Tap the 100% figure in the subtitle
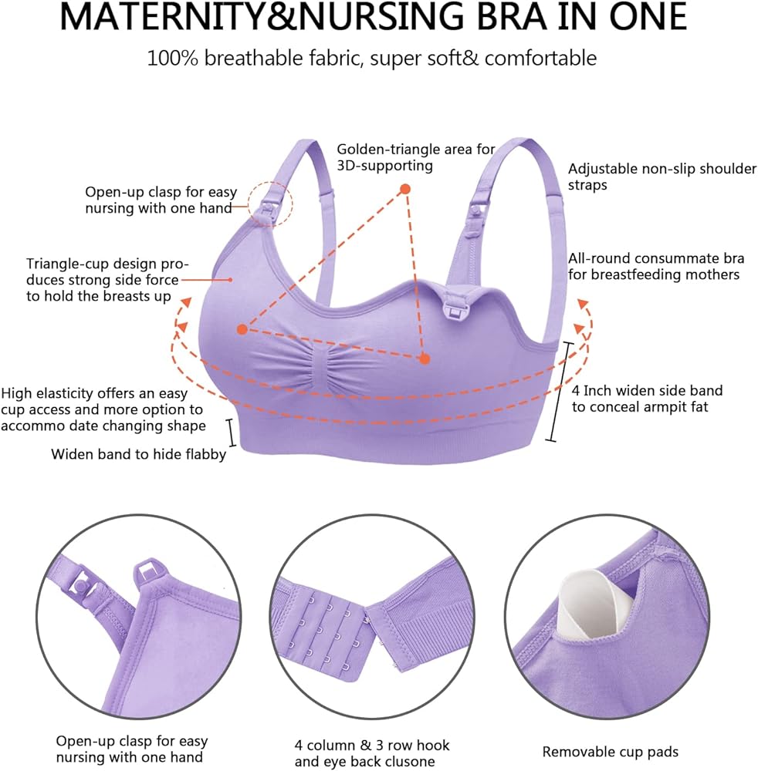tap(173, 59)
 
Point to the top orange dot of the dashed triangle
tap(405, 189)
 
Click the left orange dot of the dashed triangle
tap(242, 329)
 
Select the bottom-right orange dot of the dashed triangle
tap(425, 359)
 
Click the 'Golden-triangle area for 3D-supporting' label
tap(416, 157)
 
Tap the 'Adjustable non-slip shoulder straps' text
tap(662, 177)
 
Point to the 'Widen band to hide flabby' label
tap(138, 454)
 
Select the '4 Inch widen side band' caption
tap(648, 391)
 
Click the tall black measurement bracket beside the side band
tap(560, 391)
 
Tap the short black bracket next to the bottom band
tap(230, 433)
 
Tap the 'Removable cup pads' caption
tap(611, 752)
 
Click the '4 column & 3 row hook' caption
tap(372, 745)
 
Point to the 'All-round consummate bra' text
tap(656, 258)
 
